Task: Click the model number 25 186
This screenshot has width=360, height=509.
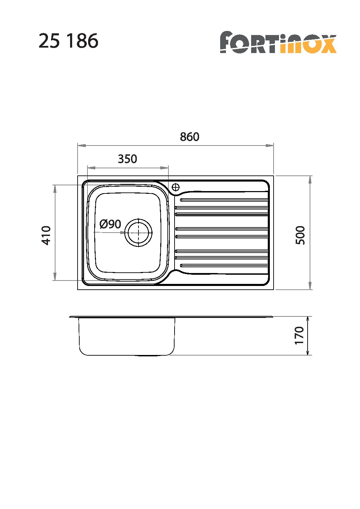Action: pyautogui.click(x=68, y=41)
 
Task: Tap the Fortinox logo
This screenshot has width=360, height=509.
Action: pyautogui.click(x=278, y=42)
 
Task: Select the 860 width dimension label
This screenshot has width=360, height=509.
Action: pyautogui.click(x=190, y=137)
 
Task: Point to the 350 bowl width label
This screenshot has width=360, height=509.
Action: pyautogui.click(x=127, y=159)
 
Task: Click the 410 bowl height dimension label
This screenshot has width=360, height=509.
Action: pyautogui.click(x=46, y=235)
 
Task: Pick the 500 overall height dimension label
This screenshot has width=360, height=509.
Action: pyautogui.click(x=300, y=235)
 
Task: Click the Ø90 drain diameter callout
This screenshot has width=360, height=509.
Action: pyautogui.click(x=110, y=224)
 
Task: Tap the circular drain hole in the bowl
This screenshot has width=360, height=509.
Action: pyautogui.click(x=138, y=233)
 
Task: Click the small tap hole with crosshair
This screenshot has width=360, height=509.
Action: pyautogui.click(x=176, y=187)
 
